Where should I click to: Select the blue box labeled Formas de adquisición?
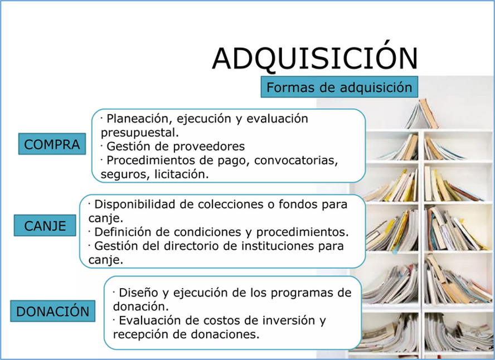(339, 87)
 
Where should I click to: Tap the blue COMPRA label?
(52, 144)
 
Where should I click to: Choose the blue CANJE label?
(45, 225)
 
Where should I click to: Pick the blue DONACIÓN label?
(53, 311)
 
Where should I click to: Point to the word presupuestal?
(140, 133)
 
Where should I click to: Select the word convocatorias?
(296, 160)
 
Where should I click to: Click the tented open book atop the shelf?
(422, 114)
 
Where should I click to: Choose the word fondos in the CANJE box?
(298, 205)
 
